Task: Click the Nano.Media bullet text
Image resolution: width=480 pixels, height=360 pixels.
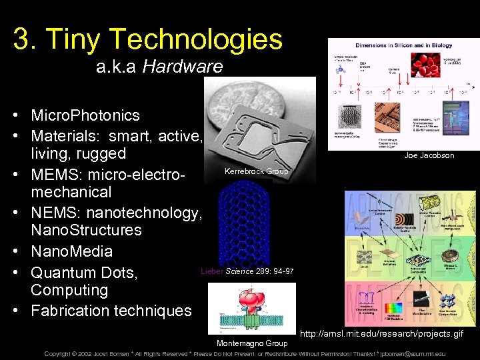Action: [x=71, y=251]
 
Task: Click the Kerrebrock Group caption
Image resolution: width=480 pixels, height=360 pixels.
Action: [x=257, y=171]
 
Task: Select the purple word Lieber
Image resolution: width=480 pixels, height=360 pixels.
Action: [x=212, y=271]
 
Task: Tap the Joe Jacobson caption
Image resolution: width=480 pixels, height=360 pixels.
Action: [x=429, y=155]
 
